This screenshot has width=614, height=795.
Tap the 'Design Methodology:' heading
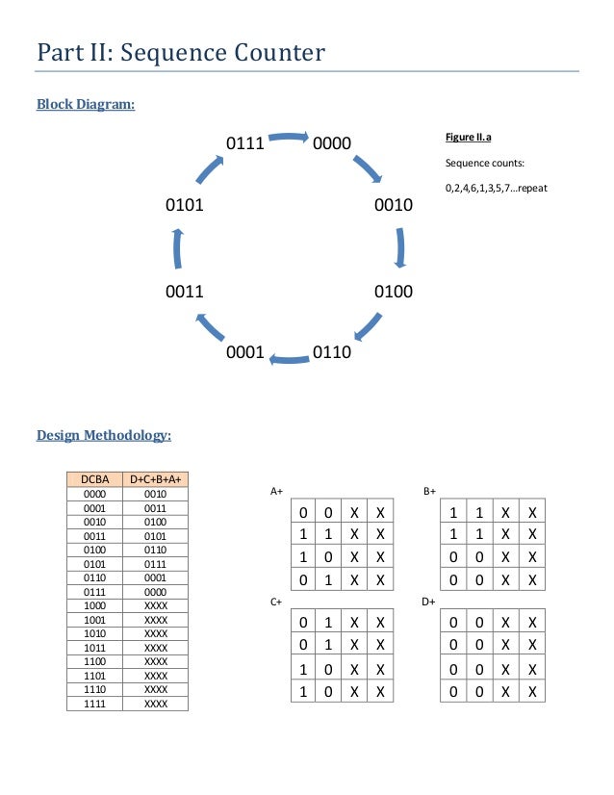[x=104, y=436]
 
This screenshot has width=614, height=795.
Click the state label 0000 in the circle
[x=332, y=144]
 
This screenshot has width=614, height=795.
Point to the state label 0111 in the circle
[x=245, y=144]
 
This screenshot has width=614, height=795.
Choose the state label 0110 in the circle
[x=332, y=353]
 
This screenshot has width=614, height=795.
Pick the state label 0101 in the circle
[x=185, y=205]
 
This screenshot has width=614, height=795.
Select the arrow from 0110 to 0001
[x=289, y=360]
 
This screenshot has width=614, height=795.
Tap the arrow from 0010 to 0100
[x=399, y=247]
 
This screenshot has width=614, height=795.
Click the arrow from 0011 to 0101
[x=177, y=248]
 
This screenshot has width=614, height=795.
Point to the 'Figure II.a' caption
[x=469, y=139]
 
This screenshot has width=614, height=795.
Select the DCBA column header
[x=94, y=478]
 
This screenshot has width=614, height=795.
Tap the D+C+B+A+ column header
[x=155, y=478]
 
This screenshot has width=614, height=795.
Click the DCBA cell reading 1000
[x=94, y=605]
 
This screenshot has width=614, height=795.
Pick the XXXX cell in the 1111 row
[x=155, y=704]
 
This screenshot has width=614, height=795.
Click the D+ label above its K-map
[x=429, y=602]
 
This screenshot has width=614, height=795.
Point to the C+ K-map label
[x=276, y=602]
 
